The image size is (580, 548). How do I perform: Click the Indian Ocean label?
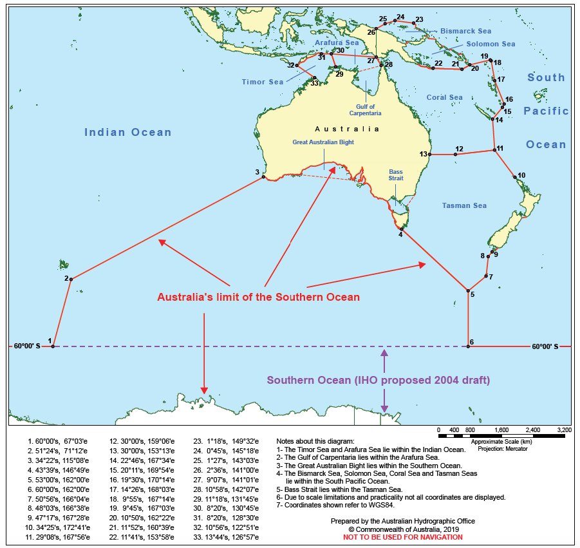128,133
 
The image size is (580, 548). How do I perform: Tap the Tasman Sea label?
464,206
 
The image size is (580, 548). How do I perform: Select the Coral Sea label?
444,98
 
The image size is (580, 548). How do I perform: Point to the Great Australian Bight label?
324,142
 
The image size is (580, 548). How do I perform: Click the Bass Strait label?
396,175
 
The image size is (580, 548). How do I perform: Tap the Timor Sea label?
263,82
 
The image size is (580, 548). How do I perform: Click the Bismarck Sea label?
465,30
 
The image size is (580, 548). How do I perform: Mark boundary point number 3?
264,177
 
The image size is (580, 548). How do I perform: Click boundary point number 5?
468,291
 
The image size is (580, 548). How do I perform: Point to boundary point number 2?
71,279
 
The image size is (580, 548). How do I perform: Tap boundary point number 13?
429,155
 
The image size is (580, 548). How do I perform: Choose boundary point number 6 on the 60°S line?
468,346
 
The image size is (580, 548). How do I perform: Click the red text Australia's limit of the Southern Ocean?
259,298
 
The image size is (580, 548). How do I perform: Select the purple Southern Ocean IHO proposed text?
379,381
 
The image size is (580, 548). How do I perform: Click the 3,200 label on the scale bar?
564,430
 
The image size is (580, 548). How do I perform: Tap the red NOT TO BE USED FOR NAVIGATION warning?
402,537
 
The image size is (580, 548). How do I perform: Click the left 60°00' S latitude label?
26,346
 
